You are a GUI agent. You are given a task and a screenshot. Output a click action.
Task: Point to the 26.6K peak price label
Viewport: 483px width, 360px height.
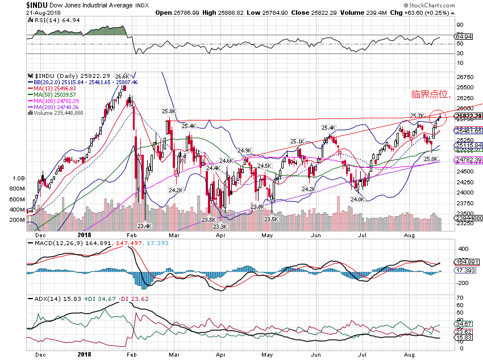[122, 76]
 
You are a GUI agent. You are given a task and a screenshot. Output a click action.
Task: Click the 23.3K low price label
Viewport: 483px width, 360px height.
[220, 226]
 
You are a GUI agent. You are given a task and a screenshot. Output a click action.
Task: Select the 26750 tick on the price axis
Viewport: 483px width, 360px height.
[465, 77]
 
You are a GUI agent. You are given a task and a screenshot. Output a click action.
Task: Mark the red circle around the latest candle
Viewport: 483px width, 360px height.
[438, 117]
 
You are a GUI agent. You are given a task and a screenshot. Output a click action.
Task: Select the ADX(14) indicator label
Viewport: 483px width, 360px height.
[45, 299]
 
